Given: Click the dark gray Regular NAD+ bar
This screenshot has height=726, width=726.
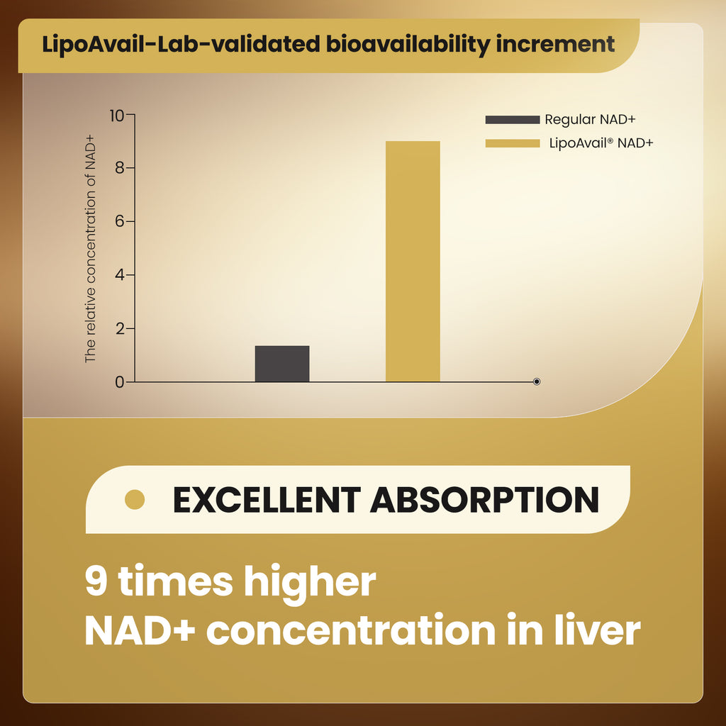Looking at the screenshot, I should (x=282, y=364).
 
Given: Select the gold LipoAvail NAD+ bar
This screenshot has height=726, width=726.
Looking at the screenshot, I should (x=413, y=262).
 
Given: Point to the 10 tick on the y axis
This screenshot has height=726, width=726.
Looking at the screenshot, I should (x=116, y=115).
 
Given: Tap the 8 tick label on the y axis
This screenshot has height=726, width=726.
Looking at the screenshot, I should (x=120, y=168).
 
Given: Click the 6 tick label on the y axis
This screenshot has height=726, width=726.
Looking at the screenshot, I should (x=120, y=222).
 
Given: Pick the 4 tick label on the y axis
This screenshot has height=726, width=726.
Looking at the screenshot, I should (x=120, y=275).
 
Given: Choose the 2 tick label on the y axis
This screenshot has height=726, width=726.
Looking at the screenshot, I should (x=120, y=329).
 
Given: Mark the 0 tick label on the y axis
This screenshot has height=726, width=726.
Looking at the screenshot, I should (x=120, y=382).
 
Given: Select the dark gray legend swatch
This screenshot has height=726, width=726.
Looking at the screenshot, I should (x=512, y=120).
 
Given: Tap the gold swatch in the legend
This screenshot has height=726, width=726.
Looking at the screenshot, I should (x=512, y=143).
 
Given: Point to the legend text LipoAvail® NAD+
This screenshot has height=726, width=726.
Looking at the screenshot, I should (x=601, y=143).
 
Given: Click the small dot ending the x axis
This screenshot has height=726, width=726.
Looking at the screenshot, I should (x=537, y=381).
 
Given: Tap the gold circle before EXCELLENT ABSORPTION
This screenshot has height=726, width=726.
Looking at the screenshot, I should (x=135, y=500).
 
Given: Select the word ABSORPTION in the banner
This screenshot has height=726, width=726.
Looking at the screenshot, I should (x=484, y=500).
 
